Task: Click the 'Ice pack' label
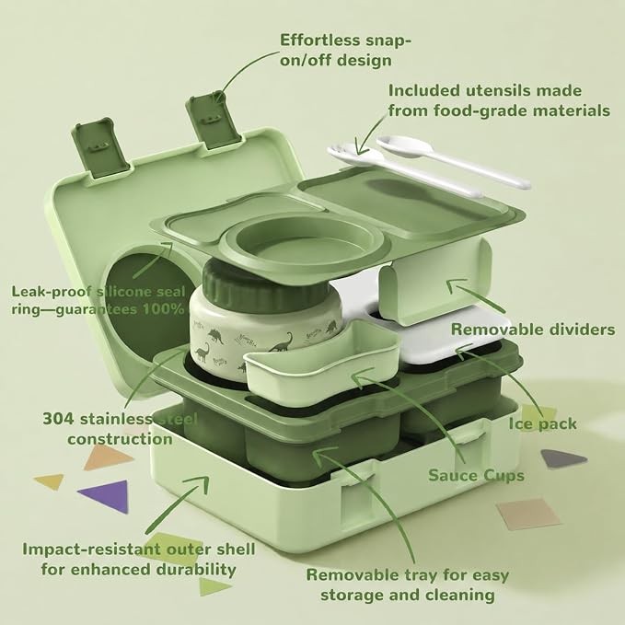pyautogui.click(x=542, y=423)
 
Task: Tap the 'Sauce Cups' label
pyautogui.click(x=476, y=475)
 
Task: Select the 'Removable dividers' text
pyautogui.click(x=533, y=330)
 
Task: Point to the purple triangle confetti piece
pyautogui.click(x=106, y=493)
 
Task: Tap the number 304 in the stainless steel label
pyautogui.click(x=58, y=419)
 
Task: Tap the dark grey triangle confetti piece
pyautogui.click(x=563, y=458)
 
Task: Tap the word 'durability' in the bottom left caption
pyautogui.click(x=195, y=569)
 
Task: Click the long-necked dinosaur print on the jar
pyautogui.click(x=284, y=342)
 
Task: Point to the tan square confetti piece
pyautogui.click(x=527, y=515)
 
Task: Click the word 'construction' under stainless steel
pyautogui.click(x=120, y=439)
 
